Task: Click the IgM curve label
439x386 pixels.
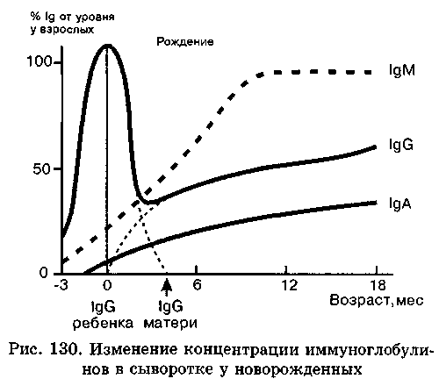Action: [x=402, y=71]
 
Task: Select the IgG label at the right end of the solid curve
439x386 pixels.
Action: [x=401, y=146]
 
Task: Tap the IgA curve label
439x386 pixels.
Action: [x=400, y=204]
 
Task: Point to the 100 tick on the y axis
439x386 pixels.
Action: [x=39, y=61]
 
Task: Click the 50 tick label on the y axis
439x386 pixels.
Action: [x=42, y=169]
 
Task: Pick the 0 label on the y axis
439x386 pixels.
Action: [x=43, y=273]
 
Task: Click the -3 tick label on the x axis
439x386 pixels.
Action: [x=61, y=285]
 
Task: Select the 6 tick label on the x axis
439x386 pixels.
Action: [x=198, y=284]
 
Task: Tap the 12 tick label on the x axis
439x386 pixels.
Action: [x=290, y=285]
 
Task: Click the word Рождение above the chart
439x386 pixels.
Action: [x=185, y=42]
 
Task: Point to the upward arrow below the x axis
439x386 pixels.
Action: [x=167, y=288]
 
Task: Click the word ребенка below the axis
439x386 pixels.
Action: [x=103, y=324]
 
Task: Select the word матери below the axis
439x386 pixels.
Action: [x=170, y=324]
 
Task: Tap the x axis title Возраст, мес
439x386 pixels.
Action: [x=377, y=300]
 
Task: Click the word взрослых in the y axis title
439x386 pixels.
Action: [x=62, y=30]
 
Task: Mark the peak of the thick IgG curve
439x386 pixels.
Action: [x=107, y=46]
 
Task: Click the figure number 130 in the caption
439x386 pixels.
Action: [x=65, y=349]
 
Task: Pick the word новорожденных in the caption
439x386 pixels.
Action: [x=299, y=369]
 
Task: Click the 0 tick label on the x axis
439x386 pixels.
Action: [x=107, y=285]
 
